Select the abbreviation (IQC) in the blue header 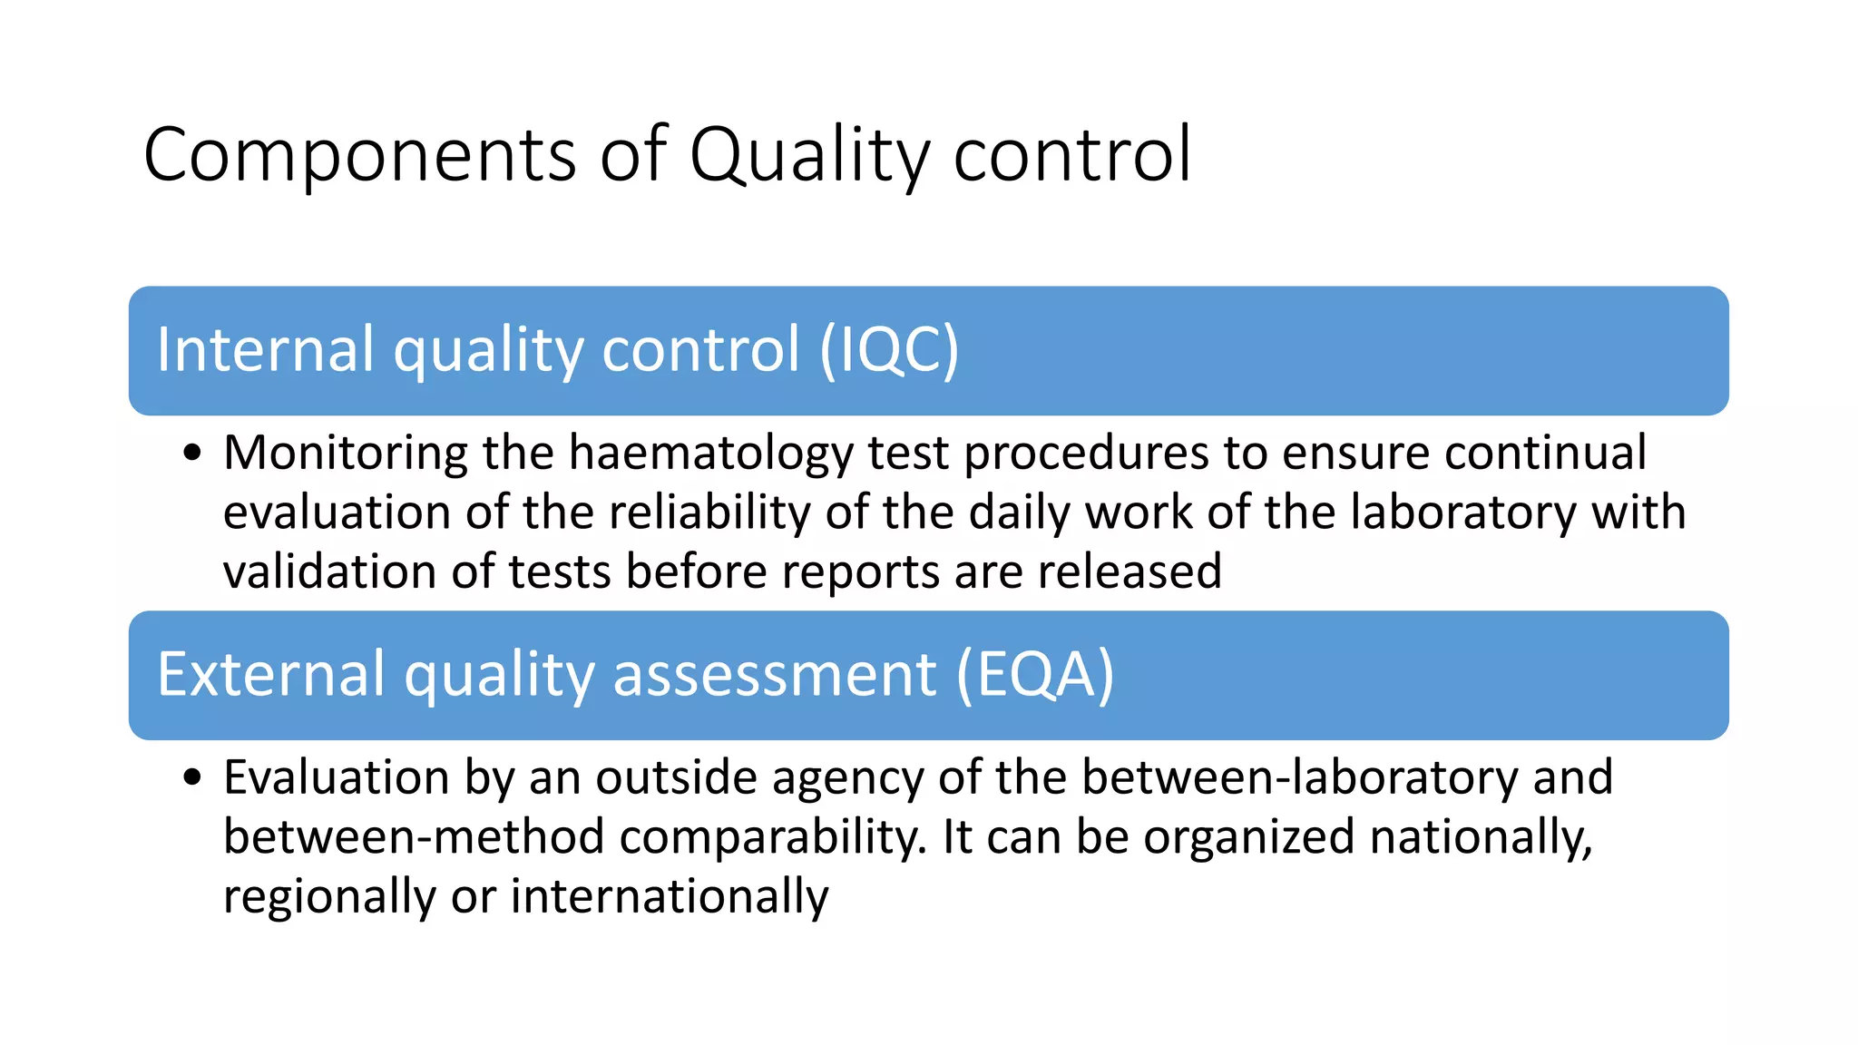click(x=889, y=350)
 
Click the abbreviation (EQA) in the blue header click(x=1034, y=675)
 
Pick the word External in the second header click(x=271, y=675)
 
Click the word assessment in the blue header click(x=775, y=675)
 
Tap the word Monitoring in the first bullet click(x=345, y=454)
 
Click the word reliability click(x=709, y=513)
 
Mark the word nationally click(x=1480, y=837)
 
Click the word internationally click(x=670, y=896)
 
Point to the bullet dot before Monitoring click(x=191, y=453)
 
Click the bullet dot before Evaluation click(x=191, y=777)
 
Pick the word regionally click(x=329, y=898)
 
